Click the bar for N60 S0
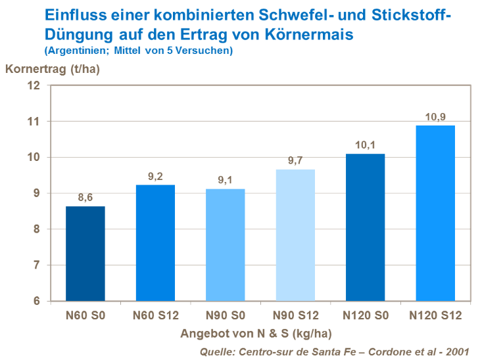tap(86, 254)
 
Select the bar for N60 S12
tap(156, 243)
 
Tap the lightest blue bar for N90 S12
tap(295, 235)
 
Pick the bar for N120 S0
tap(366, 227)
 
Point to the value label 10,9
tap(435, 117)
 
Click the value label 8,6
tap(86, 196)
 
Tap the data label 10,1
tap(366, 145)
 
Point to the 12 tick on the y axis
tap(34, 86)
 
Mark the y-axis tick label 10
tap(34, 158)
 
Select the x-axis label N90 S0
tap(226, 316)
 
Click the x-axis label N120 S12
tap(435, 316)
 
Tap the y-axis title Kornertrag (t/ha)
tap(53, 69)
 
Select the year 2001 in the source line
tap(463, 351)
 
